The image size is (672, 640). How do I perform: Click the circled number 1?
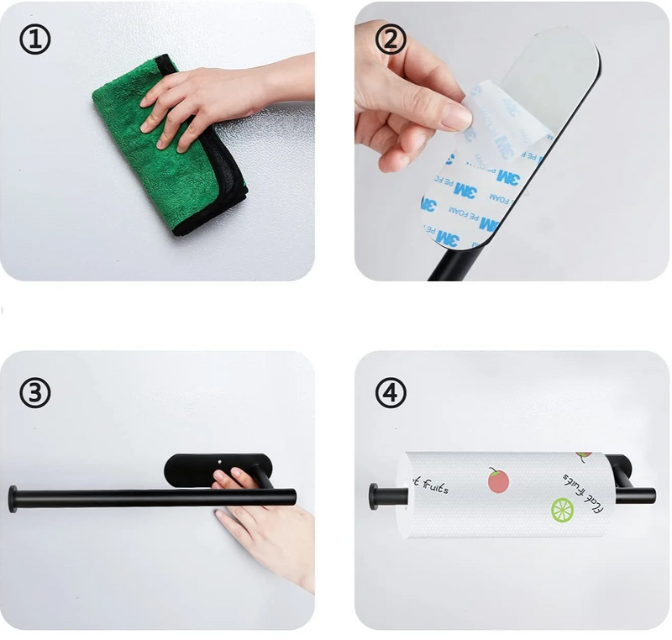pos(35,39)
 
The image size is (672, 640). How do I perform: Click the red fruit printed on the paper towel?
pos(498,480)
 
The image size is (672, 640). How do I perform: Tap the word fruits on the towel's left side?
pos(430,486)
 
